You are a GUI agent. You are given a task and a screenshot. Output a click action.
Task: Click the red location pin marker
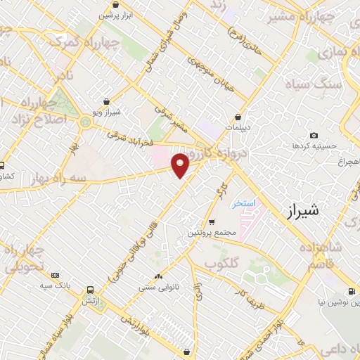(x=181, y=165)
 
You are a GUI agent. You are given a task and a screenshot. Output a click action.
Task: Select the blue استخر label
(x=245, y=202)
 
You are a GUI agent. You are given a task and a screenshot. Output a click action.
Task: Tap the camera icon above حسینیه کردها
(x=314, y=135)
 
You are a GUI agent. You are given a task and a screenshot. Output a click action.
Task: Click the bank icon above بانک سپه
(x=56, y=275)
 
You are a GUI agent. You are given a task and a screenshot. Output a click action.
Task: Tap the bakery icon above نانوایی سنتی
(x=157, y=276)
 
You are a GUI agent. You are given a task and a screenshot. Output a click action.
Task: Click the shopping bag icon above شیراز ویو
(x=106, y=101)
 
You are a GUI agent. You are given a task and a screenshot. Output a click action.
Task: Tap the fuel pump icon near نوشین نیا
(x=351, y=291)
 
